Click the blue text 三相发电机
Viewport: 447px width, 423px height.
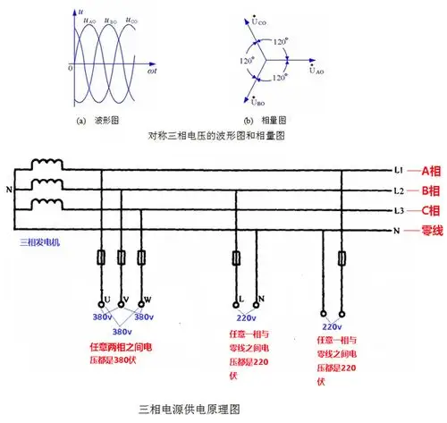[30, 241]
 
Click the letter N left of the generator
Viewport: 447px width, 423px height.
[10, 190]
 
